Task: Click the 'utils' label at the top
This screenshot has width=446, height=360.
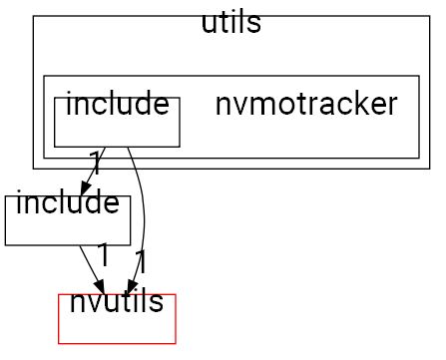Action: [230, 23]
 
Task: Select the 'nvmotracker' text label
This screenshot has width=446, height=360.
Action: [306, 103]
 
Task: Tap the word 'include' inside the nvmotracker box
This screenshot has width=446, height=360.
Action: [116, 103]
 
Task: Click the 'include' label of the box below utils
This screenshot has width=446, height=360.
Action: [67, 205]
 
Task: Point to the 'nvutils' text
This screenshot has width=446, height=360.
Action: [117, 300]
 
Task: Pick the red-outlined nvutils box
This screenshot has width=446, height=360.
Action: [117, 329]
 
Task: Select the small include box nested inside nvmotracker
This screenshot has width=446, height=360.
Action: [116, 134]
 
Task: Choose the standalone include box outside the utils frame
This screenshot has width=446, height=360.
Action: [67, 231]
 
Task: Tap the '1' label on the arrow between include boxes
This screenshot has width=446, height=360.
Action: [95, 160]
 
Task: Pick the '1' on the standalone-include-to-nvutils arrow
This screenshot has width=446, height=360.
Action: [103, 251]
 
